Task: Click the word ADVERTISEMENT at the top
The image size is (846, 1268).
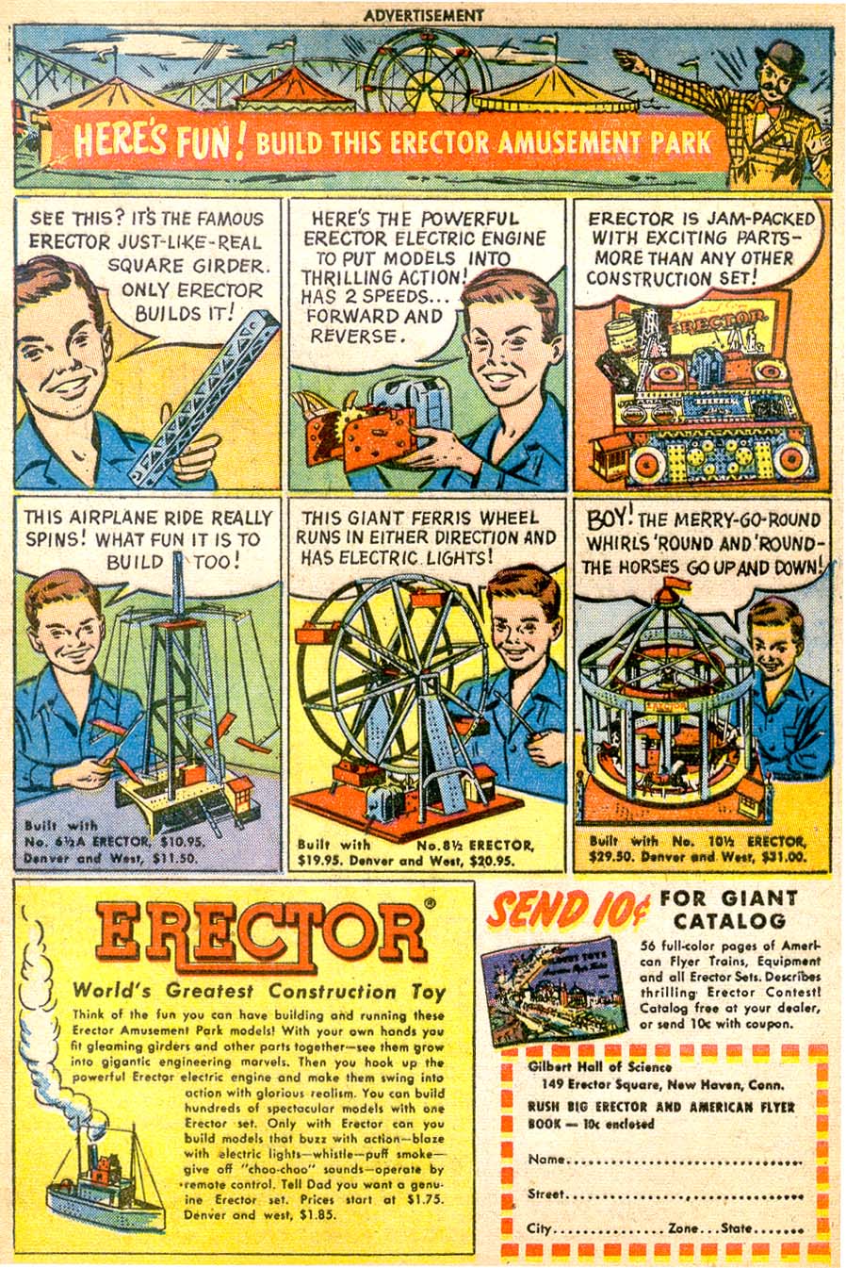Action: (423, 15)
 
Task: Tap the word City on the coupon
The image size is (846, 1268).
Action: (540, 1229)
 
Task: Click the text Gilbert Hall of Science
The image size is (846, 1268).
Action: (600, 1067)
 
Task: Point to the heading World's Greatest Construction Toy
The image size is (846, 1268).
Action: (259, 991)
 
